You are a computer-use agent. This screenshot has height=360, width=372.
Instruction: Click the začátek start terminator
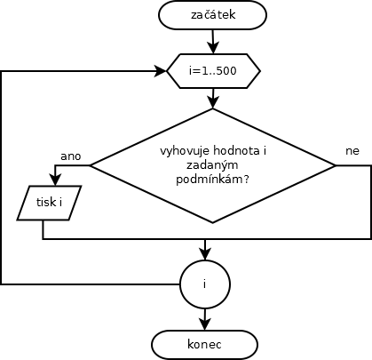pos(212,15)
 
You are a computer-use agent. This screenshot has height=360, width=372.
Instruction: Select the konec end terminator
pos(204,345)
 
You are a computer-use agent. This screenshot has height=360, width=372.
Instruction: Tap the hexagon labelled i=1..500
pos(213,71)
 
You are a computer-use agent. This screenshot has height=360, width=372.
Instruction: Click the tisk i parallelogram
pos(49,203)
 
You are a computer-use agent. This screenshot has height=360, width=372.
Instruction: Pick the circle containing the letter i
pos(205,284)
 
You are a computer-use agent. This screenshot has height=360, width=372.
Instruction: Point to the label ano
pos(70,156)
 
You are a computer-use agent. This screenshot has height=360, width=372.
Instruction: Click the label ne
pos(352,151)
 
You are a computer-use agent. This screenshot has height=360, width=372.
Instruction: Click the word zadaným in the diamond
pos(212,165)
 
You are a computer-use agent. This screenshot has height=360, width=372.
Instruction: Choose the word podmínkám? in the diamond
pos(212,180)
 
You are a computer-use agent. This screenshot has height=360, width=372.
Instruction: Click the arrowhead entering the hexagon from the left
pos(161,71)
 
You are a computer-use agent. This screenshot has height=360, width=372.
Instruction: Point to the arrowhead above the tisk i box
pos(55,180)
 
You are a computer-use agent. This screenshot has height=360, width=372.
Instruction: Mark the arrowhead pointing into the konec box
pos(205,324)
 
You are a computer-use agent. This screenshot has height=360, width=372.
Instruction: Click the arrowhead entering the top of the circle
pos(205,254)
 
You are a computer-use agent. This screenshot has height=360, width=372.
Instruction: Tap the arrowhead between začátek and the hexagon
pos(213,48)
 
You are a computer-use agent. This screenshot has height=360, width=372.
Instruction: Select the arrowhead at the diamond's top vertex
pos(213,102)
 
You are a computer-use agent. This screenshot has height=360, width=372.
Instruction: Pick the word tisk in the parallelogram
pos(46,203)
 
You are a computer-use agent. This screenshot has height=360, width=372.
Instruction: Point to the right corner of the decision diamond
pos(336,165)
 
